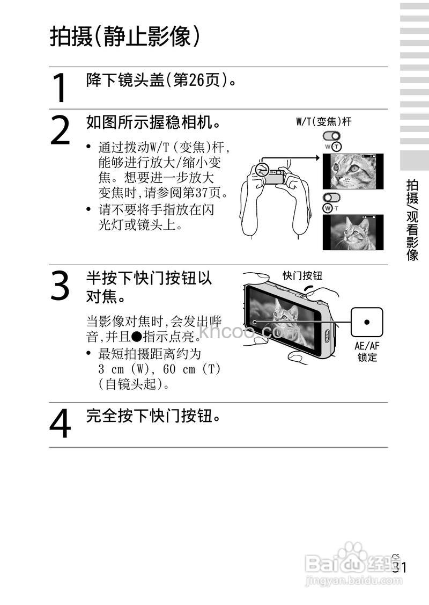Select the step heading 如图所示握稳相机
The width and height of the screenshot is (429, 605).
pos(153,123)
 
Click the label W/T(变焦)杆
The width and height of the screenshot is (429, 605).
pos(324,122)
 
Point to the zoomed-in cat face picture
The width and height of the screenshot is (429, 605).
pos(353,171)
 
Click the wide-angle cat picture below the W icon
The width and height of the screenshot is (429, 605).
pos(353,232)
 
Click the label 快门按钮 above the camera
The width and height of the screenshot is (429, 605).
pos(302,276)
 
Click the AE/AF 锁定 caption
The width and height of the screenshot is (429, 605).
pos(367,352)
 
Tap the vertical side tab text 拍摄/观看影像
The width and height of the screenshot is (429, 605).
pos(412,220)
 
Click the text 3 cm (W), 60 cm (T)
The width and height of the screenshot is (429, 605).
pos(160,370)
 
